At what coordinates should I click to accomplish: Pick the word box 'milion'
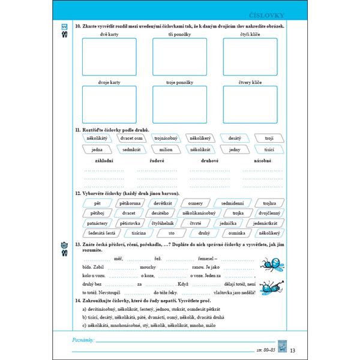167,149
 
